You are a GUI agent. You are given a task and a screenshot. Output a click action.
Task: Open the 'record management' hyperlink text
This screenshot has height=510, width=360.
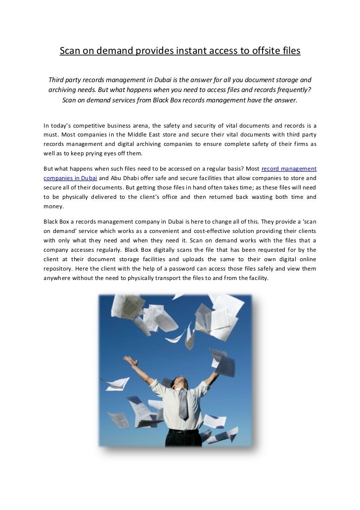[x=288, y=168]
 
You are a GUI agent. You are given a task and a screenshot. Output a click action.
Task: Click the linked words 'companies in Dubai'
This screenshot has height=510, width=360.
[x=70, y=178]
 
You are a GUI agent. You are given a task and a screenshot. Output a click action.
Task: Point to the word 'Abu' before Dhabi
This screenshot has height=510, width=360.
[x=119, y=178]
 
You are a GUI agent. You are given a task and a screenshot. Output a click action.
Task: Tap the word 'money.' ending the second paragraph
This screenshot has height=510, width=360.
[x=53, y=206]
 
